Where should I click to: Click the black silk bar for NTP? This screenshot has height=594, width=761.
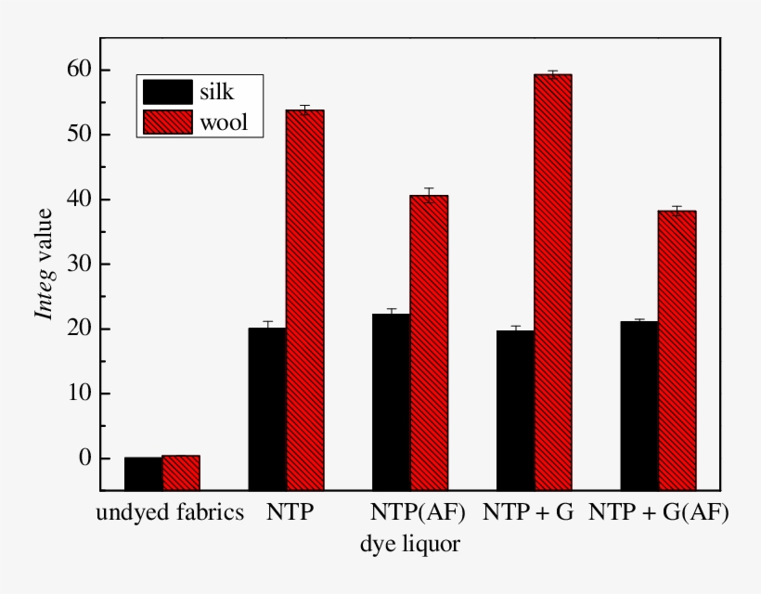point(267,408)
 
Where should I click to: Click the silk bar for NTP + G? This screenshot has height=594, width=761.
point(515,409)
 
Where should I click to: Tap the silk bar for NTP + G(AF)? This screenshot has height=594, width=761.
point(639,405)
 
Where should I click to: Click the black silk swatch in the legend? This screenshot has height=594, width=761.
point(167,92)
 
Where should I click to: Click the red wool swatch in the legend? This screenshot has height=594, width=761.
point(167,122)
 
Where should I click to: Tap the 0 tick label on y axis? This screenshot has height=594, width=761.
point(84,458)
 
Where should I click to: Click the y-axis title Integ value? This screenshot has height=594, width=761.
point(44,264)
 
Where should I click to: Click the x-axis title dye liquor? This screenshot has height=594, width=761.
point(409,543)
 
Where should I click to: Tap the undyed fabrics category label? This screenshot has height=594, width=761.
point(170,512)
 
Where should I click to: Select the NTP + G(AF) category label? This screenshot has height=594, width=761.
point(659,512)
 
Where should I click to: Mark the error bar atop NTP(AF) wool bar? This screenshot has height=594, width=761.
point(429,192)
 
